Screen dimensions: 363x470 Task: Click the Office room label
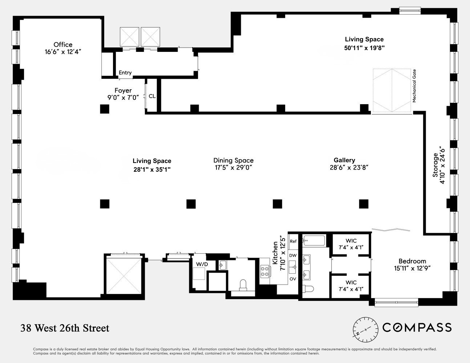pyautogui.click(x=63, y=45)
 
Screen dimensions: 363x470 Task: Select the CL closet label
pyautogui.click(x=152, y=96)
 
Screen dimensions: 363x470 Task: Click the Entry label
pyautogui.click(x=125, y=73)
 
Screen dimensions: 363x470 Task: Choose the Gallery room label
pyautogui.click(x=344, y=160)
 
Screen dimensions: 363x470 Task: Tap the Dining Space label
pyautogui.click(x=233, y=160)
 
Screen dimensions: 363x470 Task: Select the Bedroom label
pyautogui.click(x=412, y=261)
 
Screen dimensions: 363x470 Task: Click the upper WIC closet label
pyautogui.click(x=351, y=241)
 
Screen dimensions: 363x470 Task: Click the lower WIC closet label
pyautogui.click(x=351, y=282)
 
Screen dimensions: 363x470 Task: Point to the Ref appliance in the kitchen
pyautogui.click(x=293, y=241)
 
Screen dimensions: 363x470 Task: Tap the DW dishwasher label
pyautogui.click(x=293, y=256)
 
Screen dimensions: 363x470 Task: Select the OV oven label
pyautogui.click(x=293, y=279)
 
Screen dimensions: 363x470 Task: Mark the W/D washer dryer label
pyautogui.click(x=202, y=264)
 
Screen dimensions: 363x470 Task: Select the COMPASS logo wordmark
pyautogui.click(x=417, y=327)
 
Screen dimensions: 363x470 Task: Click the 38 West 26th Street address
pyautogui.click(x=65, y=328)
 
